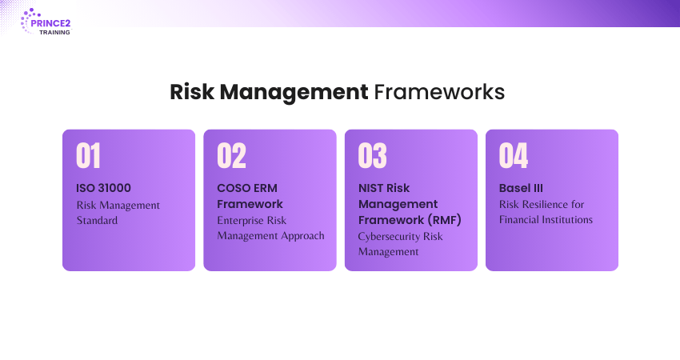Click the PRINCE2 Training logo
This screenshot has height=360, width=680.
click(46, 22)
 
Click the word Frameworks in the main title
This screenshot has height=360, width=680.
click(439, 92)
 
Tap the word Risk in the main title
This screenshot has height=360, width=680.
click(192, 92)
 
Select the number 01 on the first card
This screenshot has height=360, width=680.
click(89, 155)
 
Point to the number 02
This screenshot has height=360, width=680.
click(231, 155)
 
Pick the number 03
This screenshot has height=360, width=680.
click(373, 155)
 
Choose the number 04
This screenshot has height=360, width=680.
click(514, 155)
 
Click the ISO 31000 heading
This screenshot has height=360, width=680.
click(104, 188)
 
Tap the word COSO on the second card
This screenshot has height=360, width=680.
click(232, 188)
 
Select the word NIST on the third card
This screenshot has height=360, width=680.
click(370, 188)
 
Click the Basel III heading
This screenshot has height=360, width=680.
click(521, 188)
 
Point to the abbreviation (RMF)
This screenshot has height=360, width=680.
click(444, 220)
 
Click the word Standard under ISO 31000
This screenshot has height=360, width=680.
click(97, 220)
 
